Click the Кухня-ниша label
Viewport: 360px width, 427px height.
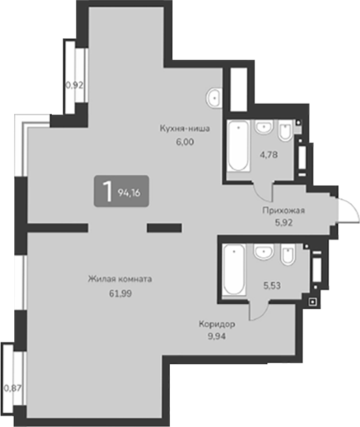coord(184,128)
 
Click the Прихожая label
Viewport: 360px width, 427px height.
coord(283,211)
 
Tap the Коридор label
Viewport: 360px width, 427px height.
coord(219,325)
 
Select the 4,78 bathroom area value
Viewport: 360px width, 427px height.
coord(269,154)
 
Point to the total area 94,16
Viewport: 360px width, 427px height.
coord(128,192)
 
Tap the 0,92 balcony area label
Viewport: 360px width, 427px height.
coord(74,85)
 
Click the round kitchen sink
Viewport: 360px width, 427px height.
coord(215,97)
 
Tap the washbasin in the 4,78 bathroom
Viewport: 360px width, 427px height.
coord(264,127)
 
